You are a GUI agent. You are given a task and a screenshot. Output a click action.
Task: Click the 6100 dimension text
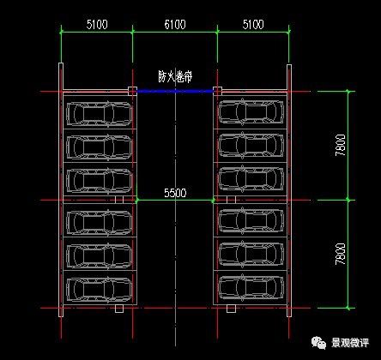pos(175,25)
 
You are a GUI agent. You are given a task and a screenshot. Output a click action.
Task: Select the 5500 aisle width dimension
pos(174,193)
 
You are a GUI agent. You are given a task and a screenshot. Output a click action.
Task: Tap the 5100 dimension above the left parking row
pos(96,25)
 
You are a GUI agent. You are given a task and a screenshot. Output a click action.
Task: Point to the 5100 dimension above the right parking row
pos(253,25)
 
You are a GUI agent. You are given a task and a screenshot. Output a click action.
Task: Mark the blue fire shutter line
pos(175,91)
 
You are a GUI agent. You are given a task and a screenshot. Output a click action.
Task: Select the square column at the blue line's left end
pos(132,91)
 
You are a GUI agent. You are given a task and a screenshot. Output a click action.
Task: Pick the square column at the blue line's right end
pos(217,91)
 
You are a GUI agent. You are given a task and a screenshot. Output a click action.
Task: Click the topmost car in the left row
pos(100,114)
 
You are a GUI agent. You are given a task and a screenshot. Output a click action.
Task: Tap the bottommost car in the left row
pos(100,285)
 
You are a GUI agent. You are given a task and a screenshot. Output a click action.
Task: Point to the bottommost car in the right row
pos(251,285)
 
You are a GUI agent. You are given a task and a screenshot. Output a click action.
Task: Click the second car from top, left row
pos(100,147)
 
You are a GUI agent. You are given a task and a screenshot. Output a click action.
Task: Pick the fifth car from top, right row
pos(251,254)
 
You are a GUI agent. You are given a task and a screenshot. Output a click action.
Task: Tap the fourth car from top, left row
pos(100,221)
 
